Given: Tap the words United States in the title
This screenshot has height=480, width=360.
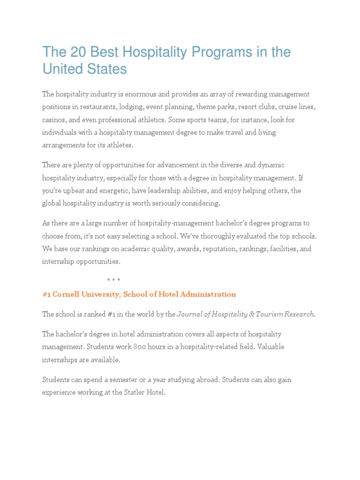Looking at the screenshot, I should [84, 69].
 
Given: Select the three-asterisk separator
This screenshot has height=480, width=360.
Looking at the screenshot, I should [113, 280].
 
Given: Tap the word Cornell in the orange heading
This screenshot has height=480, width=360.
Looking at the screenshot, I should [67, 294].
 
